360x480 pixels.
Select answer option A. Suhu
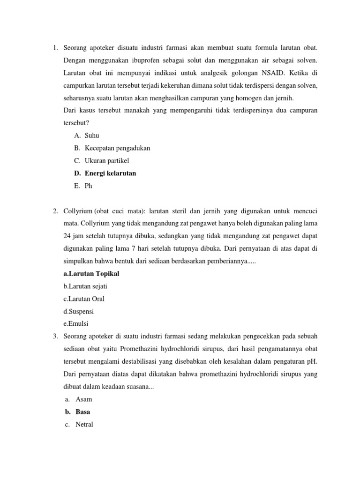coord(89,135)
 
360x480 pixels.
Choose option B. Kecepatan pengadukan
coord(117,148)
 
